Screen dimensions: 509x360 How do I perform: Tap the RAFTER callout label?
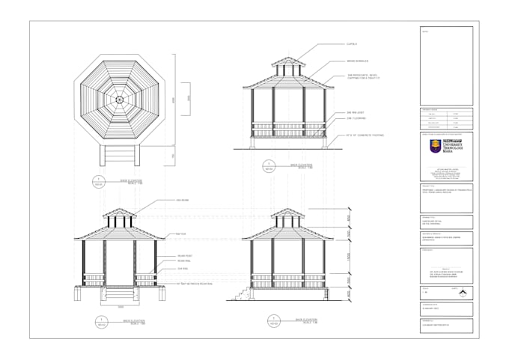pyautogui.click(x=181, y=234)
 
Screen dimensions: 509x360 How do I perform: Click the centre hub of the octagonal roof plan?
pyautogui.click(x=119, y=98)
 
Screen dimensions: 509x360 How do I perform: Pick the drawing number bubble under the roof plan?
pyautogui.click(x=99, y=181)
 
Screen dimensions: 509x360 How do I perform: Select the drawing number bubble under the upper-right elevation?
pyautogui.click(x=266, y=166)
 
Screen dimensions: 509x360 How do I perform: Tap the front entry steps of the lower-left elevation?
pyautogui.click(x=120, y=293)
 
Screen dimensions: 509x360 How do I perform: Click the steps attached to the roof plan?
pyautogui.click(x=119, y=155)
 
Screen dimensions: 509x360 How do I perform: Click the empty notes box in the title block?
pyautogui.click(x=446, y=67)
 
